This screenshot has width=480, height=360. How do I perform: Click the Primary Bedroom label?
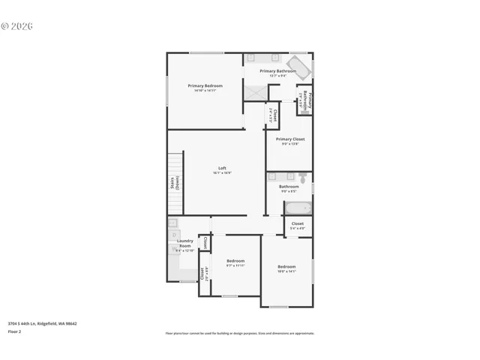pos(205,85)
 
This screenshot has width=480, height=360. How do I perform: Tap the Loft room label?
pos(222,167)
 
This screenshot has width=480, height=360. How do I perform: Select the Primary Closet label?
pos(289,139)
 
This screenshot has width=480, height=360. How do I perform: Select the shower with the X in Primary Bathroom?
pos(256,91)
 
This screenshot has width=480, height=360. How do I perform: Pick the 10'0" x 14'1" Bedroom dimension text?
pos(286,271)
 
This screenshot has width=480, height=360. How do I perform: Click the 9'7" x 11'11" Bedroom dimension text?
pos(236,265)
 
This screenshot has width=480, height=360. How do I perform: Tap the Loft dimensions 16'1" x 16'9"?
pos(222,172)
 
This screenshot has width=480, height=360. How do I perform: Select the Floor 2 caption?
pos(15,331)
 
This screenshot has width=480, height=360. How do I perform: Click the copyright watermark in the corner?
pos(17,25)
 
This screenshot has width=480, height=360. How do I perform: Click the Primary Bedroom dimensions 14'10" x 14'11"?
pos(205,91)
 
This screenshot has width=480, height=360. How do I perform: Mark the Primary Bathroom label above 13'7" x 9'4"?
pos(277,70)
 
